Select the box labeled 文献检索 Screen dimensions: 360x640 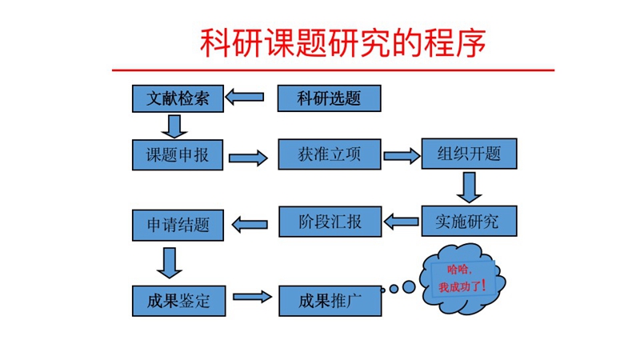pos(177,98)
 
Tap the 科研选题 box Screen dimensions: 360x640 pos(329,98)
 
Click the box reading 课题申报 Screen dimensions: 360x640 pos(177,155)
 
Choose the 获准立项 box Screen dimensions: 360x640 pos(329,155)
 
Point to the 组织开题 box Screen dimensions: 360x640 pos(469,154)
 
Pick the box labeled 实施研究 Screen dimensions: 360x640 pos(469,221)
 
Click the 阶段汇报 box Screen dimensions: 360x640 pos(329,221)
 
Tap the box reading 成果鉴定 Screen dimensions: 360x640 pos(177,301)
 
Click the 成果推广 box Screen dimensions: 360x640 pos(329,301)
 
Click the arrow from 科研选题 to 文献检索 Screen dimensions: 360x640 pos(246,98)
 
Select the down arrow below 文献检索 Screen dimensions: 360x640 pos(173,125)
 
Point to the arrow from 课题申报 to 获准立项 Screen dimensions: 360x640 pos(250,158)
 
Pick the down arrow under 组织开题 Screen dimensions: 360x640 pos(469,187)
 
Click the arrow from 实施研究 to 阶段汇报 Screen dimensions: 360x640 pos(402,220)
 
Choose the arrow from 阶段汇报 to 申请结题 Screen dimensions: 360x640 pos(250,223)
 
